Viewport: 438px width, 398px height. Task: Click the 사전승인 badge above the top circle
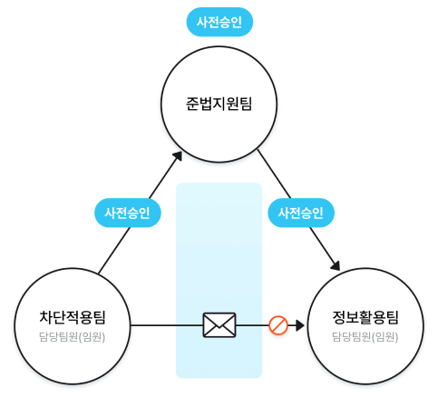pyautogui.click(x=219, y=22)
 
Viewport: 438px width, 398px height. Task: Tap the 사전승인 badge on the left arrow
pyautogui.click(x=128, y=213)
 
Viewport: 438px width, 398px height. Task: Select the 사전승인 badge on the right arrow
pyautogui.click(x=301, y=213)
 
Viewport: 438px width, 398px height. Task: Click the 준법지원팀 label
pyautogui.click(x=219, y=104)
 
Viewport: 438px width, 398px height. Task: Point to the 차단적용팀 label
pyautogui.click(x=73, y=317)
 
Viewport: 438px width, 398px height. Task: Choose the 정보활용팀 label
pyautogui.click(x=365, y=317)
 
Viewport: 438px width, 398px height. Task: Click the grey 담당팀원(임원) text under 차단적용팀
pyautogui.click(x=73, y=337)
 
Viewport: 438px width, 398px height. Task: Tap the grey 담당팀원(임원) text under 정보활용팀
pyautogui.click(x=365, y=337)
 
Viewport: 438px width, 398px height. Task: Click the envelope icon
pyautogui.click(x=219, y=325)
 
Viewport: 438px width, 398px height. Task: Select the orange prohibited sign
pyautogui.click(x=278, y=325)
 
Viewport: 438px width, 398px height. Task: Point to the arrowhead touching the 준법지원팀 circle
pyautogui.click(x=178, y=155)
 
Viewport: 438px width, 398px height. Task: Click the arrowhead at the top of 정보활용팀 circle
pyautogui.click(x=336, y=265)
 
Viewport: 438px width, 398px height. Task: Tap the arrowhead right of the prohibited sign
pyautogui.click(x=300, y=325)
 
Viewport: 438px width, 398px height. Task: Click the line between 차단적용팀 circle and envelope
pyautogui.click(x=167, y=325)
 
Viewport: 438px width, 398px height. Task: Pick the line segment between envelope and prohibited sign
pyautogui.click(x=252, y=325)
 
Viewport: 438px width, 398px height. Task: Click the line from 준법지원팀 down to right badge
pyautogui.click(x=274, y=174)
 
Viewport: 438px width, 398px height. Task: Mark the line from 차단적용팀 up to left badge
pyautogui.click(x=114, y=250)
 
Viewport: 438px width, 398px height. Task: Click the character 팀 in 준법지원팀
pyautogui.click(x=246, y=104)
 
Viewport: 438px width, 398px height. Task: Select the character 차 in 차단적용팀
pyautogui.click(x=46, y=317)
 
